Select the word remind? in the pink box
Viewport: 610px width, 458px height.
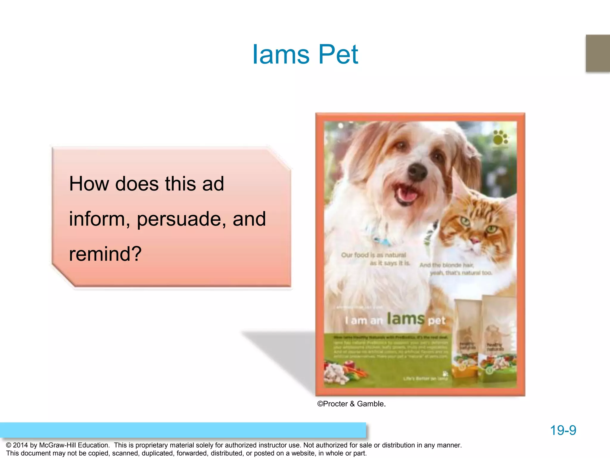click(x=105, y=254)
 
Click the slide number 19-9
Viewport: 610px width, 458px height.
click(x=563, y=430)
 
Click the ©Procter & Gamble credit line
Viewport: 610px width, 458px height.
click(x=351, y=404)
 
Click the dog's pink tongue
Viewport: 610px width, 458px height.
click(x=407, y=195)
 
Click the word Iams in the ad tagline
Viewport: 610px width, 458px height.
click(x=406, y=318)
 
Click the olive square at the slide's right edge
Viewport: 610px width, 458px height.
click(x=598, y=53)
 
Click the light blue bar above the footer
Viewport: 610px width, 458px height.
click(x=183, y=430)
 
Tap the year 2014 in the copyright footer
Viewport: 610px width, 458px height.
click(x=20, y=445)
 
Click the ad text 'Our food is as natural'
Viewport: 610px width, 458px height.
click(x=374, y=255)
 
